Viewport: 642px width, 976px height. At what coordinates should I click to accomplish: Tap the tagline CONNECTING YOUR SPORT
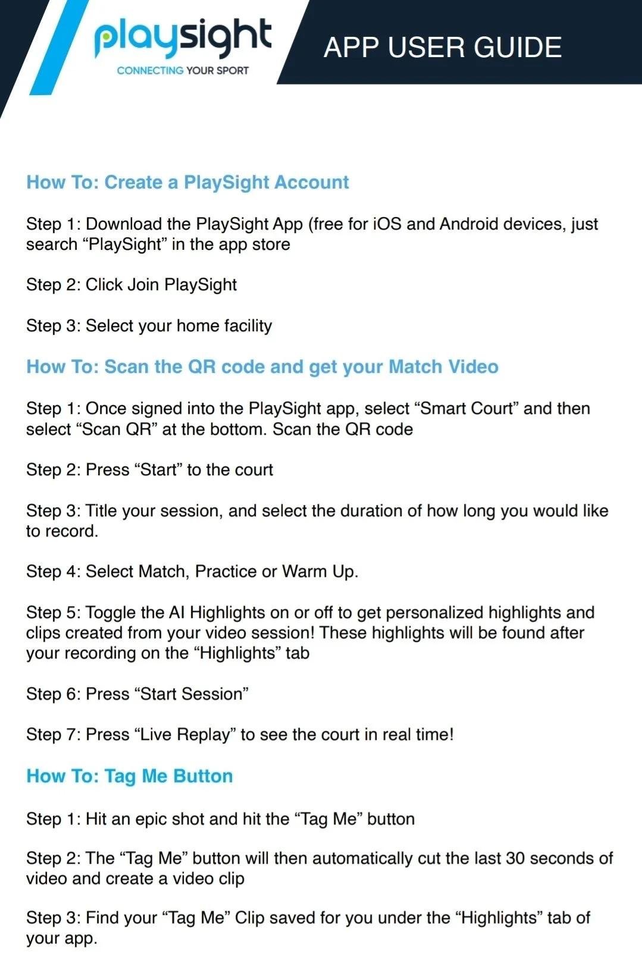click(183, 70)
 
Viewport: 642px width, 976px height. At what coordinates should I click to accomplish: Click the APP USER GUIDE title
click(443, 48)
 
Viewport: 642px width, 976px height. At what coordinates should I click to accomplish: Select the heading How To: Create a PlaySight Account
click(187, 182)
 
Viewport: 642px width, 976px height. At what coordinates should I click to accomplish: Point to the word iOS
click(387, 224)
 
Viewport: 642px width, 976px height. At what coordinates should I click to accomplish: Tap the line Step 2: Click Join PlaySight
click(131, 285)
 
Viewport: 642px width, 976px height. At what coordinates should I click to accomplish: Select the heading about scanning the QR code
click(262, 366)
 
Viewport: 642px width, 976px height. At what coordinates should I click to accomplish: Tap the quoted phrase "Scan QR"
click(117, 429)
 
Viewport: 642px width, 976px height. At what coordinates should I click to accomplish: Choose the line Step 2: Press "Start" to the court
click(149, 470)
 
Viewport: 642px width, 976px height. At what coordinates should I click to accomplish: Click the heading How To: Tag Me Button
click(130, 776)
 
